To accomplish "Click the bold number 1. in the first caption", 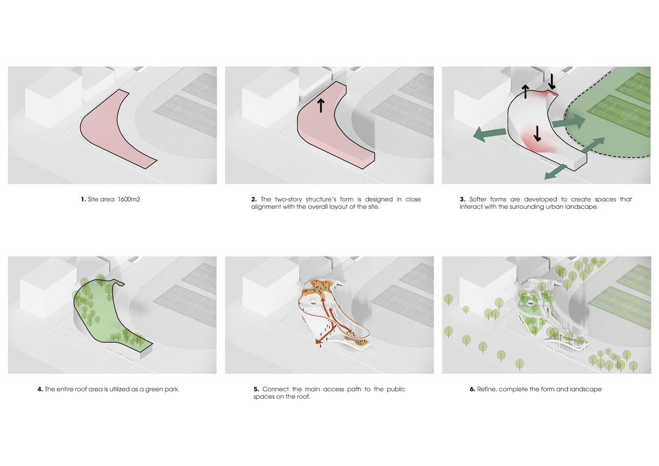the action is tap(83, 199).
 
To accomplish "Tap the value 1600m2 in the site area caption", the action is tap(129, 199).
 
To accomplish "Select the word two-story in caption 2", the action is tap(288, 199).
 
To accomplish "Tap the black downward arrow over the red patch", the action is tap(537, 134).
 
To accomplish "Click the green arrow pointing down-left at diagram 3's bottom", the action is tap(556, 172).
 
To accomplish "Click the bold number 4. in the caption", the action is tap(40, 389).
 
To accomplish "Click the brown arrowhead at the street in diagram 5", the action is tap(318, 341).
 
